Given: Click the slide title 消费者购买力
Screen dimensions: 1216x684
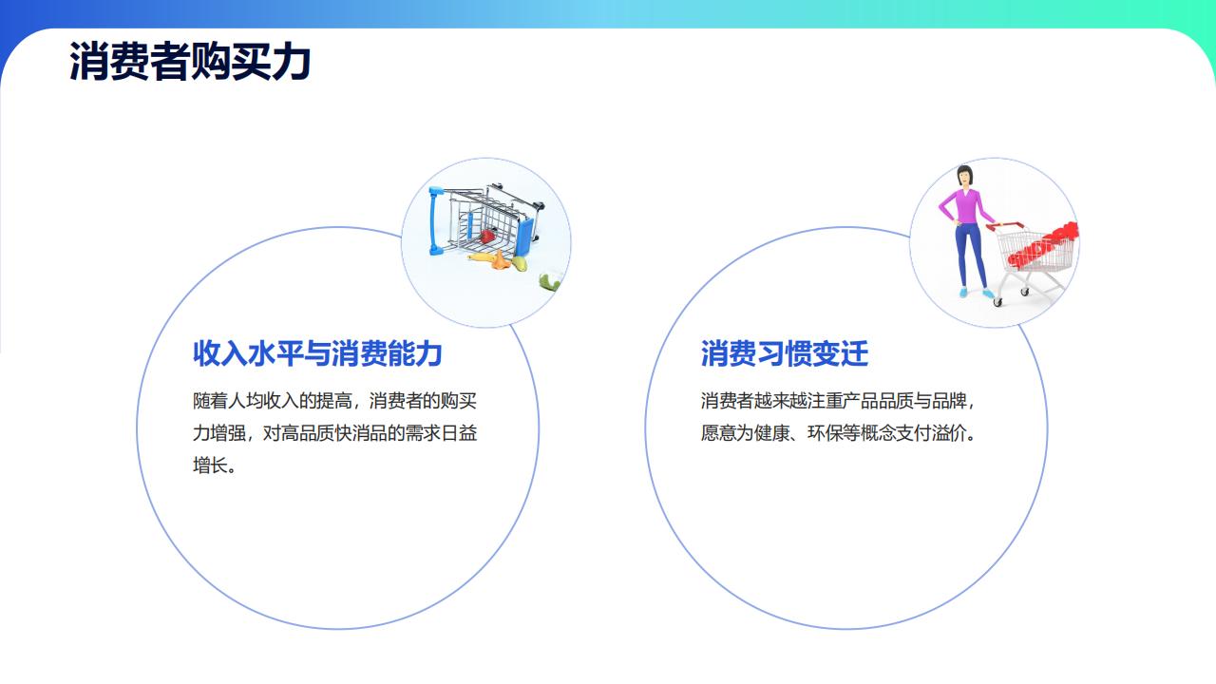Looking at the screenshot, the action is (190, 61).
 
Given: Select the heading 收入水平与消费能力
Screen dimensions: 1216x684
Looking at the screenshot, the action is (317, 353).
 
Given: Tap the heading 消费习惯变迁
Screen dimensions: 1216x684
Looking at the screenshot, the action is (785, 353).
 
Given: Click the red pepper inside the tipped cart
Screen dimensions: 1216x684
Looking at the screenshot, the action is (487, 237).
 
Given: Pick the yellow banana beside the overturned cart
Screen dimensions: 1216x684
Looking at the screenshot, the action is (483, 257).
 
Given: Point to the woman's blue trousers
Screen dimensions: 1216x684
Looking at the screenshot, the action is (971, 254).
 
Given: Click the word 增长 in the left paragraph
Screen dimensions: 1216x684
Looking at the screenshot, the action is (210, 465).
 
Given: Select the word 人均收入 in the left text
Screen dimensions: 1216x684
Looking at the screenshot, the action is (263, 401).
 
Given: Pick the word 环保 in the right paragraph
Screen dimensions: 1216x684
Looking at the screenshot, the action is (824, 433).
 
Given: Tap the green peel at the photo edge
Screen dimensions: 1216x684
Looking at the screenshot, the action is (549, 282).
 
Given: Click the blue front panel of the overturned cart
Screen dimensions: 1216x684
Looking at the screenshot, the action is (523, 237).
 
